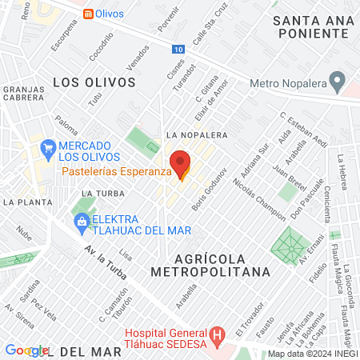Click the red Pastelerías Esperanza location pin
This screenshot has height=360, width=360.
181,163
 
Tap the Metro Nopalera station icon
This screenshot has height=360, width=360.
338,82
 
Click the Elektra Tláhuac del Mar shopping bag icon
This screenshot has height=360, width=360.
82,221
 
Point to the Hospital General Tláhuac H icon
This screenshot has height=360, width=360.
215,334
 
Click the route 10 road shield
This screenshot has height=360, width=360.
177,50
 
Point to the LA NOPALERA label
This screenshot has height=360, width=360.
192,135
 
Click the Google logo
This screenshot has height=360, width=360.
26,350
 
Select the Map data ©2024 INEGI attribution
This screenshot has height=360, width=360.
311,354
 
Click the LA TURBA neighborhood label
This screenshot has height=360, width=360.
100,194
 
